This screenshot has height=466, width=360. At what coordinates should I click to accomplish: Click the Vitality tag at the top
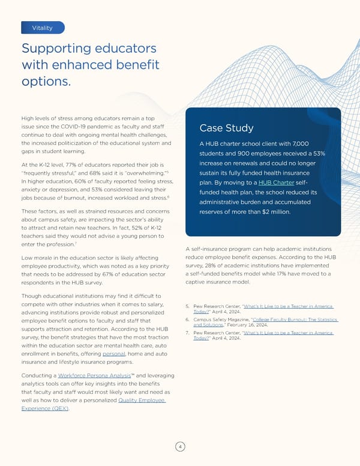[x=42, y=28]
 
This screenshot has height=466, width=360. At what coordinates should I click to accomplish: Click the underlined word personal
[x=114, y=355]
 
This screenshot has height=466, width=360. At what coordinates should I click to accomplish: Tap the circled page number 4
[x=180, y=446]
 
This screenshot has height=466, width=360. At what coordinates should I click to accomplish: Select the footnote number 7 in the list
[x=189, y=333]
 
